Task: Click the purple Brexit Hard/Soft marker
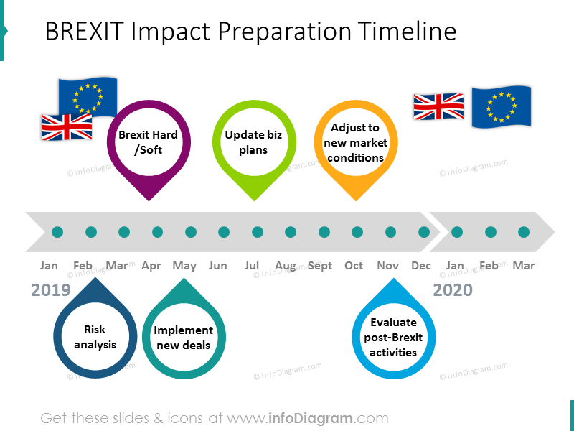pos(149,142)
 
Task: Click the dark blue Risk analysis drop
pos(95,336)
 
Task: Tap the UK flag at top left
pos(66,127)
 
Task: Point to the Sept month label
pos(320,266)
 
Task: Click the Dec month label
pos(421,266)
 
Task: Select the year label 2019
pos(51,290)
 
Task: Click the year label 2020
pos(453,290)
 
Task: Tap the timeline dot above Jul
pos(258,232)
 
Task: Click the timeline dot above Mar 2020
pos(524,232)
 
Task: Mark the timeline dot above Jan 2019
pos(57,232)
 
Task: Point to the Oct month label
pos(354,266)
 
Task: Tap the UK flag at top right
pos(438,106)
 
